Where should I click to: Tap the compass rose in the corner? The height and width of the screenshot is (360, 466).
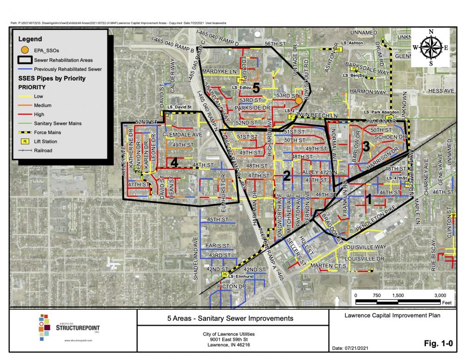(430, 47)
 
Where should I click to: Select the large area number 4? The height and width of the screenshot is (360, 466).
(174, 163)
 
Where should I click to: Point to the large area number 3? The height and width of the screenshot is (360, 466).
(366, 146)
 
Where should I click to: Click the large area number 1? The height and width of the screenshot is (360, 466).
(368, 199)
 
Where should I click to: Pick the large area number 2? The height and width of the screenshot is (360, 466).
(287, 176)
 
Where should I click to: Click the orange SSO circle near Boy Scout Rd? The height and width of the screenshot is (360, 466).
(299, 100)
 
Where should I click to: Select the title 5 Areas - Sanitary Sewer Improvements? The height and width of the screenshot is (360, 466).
(230, 319)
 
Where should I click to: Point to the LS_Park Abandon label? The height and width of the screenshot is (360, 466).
(380, 112)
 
